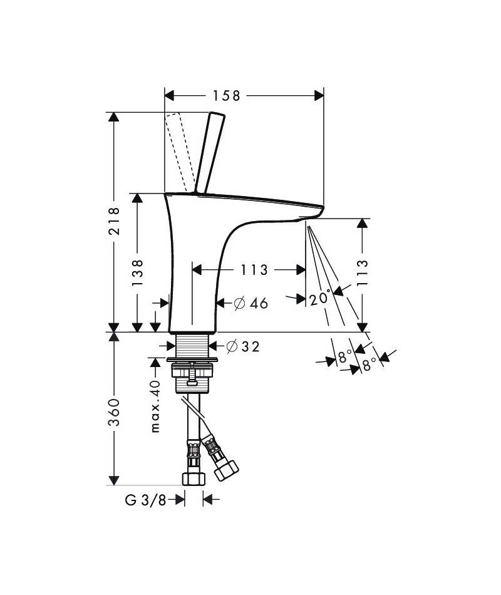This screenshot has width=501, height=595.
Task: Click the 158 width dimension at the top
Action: [226, 96]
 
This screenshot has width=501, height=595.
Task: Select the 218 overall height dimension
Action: [114, 221]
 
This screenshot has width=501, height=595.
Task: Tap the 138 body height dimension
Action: [137, 273]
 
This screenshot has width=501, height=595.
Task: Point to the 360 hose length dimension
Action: [114, 412]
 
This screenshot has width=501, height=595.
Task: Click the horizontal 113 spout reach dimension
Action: [254, 270]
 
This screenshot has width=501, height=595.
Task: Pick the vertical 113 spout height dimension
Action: [363, 273]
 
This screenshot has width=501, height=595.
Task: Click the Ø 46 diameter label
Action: [251, 303]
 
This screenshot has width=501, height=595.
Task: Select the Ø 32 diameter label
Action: [243, 346]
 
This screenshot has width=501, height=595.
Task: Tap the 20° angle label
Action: [319, 298]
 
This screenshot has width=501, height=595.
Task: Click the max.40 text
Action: [155, 406]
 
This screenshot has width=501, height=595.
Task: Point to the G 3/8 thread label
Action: [145, 500]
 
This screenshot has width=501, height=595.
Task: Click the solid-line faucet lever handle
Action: [210, 153]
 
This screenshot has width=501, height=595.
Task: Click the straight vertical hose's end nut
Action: [194, 479]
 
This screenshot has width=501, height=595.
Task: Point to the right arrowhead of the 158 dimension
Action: [319, 96]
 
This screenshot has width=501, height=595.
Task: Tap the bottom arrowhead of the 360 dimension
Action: [114, 480]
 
